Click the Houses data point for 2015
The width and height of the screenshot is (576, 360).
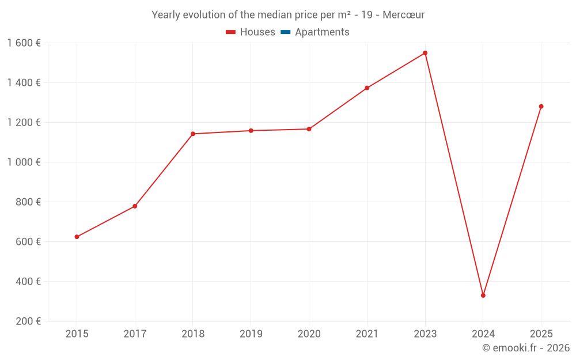(x=77, y=237)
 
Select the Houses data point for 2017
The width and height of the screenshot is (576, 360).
(x=135, y=206)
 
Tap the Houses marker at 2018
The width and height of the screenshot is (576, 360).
(x=193, y=134)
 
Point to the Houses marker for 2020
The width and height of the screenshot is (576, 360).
(x=309, y=129)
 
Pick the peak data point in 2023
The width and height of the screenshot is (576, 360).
(x=425, y=53)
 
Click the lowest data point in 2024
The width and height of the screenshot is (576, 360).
(x=483, y=295)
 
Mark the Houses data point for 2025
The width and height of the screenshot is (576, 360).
(x=541, y=107)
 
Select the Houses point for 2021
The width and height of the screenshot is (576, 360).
(x=367, y=88)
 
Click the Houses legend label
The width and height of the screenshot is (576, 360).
(x=257, y=32)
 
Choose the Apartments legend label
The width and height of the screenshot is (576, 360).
(x=322, y=32)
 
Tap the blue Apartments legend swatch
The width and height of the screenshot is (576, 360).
(x=285, y=32)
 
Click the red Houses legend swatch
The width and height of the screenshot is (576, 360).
(x=230, y=32)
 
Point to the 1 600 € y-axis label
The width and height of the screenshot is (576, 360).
(x=24, y=43)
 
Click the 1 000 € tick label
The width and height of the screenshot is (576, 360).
(x=24, y=162)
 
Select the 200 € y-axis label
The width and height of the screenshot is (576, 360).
(x=27, y=321)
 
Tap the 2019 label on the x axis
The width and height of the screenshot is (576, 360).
(x=251, y=334)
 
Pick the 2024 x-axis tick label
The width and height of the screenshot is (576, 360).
(x=483, y=334)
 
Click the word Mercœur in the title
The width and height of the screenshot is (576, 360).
(x=403, y=15)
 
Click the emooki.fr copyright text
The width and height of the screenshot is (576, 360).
(x=526, y=348)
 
